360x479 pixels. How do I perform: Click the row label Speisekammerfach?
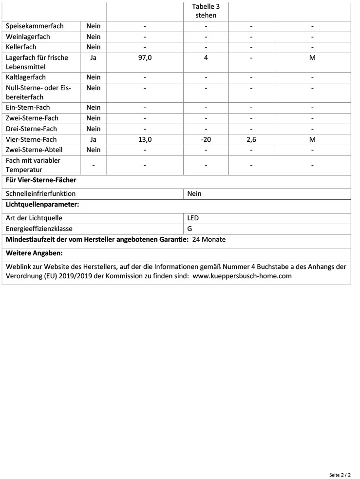point(35,26)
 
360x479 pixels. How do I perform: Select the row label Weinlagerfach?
point(28,37)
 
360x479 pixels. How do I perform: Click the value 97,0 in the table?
point(145,57)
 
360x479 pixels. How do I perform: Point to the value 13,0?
point(145,139)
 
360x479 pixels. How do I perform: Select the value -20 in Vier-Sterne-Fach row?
point(206,139)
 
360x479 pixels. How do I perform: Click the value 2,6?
point(251,139)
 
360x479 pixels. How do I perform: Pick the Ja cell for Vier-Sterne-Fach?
point(94,139)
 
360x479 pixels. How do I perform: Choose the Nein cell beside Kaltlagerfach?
point(94,77)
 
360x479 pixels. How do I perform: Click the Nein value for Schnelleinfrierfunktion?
point(194,193)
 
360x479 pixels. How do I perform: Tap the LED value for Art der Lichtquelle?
point(193,218)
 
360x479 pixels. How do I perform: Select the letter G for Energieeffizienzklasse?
point(189,228)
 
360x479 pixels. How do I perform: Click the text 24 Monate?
point(209,239)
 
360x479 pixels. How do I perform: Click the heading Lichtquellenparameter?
point(42,205)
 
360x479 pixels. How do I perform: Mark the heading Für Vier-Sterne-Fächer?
point(41,180)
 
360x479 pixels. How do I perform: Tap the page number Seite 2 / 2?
point(340,474)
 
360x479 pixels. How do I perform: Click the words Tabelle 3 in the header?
point(206,6)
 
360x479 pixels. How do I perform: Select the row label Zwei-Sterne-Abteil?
point(34,150)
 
